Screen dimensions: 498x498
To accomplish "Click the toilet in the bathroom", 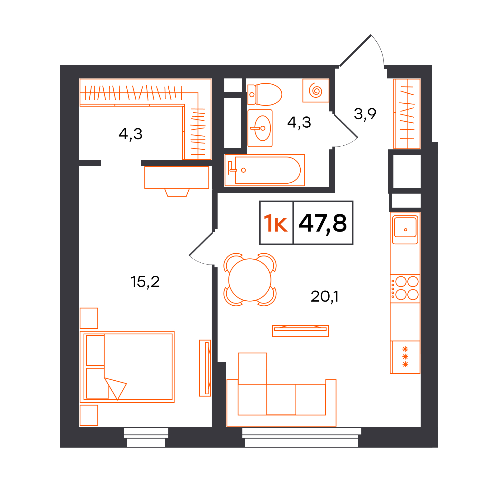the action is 265,94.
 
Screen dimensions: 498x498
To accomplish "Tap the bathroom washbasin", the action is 260,128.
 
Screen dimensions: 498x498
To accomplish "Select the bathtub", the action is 265,170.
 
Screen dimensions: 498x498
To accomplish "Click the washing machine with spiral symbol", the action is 316,91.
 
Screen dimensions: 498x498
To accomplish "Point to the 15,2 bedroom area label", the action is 145,282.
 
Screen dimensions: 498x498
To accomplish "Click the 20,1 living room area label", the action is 325,297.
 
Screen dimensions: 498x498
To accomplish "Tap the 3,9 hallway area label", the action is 365,114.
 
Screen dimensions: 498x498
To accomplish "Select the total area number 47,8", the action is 323,223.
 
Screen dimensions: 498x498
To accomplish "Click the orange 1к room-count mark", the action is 276,223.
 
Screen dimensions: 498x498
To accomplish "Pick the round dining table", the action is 250,280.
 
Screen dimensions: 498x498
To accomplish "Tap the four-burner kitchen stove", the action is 405,289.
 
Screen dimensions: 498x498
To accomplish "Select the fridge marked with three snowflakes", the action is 405,357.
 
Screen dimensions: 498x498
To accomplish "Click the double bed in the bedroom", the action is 127,367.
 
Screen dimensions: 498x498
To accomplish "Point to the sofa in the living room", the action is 281,390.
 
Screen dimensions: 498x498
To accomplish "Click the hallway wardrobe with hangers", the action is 407,114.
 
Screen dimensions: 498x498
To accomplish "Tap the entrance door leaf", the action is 355,51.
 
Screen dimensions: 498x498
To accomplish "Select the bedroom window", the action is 146,437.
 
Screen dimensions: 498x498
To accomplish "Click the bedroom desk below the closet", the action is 177,181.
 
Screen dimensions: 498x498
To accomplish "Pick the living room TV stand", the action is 300,331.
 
